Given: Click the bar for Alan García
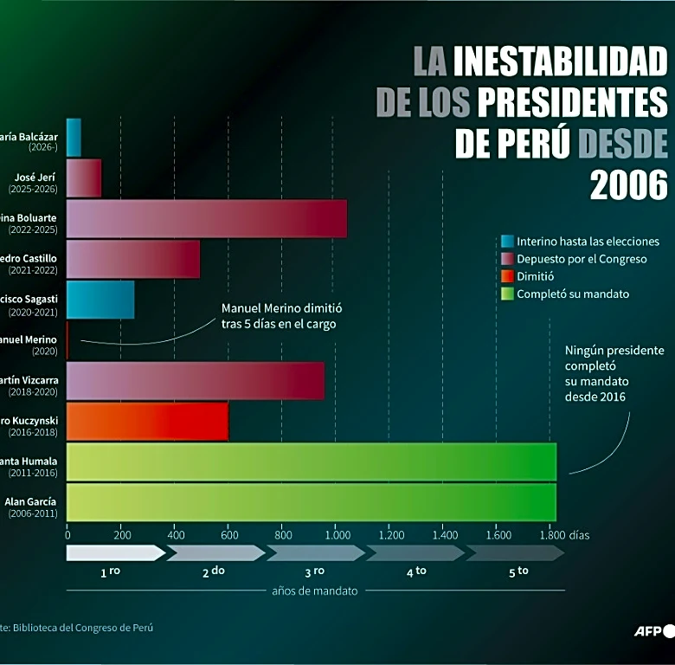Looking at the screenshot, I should coord(311,502).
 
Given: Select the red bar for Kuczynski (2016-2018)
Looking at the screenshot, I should coord(147,422).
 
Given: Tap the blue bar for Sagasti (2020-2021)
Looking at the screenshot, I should coord(100,300).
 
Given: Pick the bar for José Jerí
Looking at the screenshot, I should coord(84,178).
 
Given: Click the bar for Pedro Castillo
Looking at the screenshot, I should coord(133,259).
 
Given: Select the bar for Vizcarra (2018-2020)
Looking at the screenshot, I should coord(196,381).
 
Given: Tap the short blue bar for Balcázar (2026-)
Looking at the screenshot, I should coord(74,138).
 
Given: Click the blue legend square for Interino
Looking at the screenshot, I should coord(507,242).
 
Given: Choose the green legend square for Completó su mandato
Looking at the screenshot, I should coord(507,294).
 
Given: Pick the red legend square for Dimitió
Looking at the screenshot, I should coord(507,276).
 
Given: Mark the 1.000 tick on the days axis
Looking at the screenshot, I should coord(336,535).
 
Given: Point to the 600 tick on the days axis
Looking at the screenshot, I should coord(228,535).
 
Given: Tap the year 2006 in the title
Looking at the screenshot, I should coord(629,184).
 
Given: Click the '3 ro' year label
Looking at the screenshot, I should coord(314,571).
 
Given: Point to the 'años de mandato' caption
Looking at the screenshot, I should coord(314,591).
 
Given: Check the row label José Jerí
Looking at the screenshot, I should coord(35,177).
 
